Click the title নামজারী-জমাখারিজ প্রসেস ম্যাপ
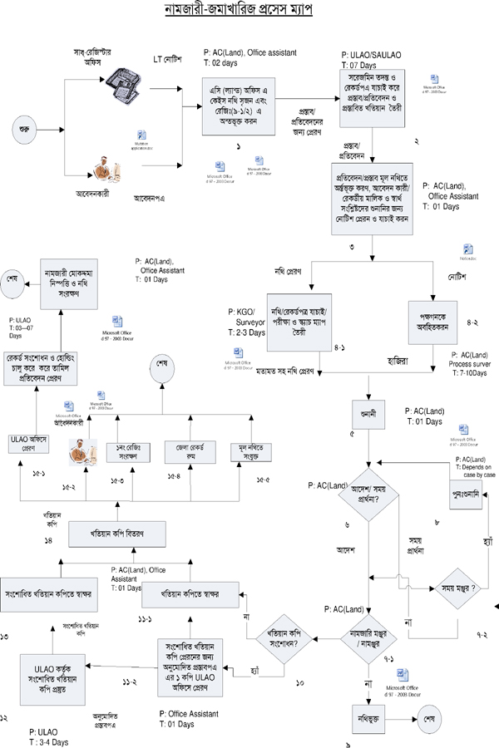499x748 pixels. [x=249, y=13]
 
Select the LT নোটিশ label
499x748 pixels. [x=169, y=59]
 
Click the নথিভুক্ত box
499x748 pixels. [x=367, y=714]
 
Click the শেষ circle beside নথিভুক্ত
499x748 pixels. [x=430, y=715]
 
